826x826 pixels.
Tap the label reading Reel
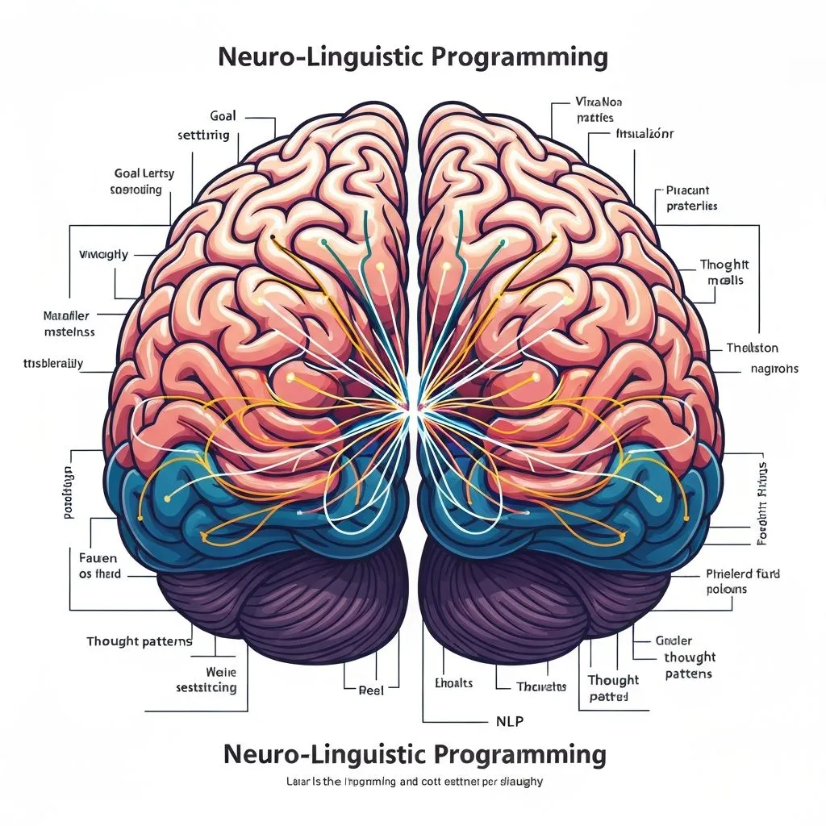point(371,690)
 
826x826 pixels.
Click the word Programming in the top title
point(521,57)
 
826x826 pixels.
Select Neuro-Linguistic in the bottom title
point(323,755)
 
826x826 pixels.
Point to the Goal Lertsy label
point(144,173)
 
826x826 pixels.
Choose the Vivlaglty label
point(103,255)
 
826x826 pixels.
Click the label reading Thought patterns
point(140,642)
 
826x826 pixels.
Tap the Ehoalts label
point(453,683)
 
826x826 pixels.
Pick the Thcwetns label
point(541,686)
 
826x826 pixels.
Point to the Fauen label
point(98,558)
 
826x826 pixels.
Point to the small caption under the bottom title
point(413,782)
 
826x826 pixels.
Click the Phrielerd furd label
point(737,574)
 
